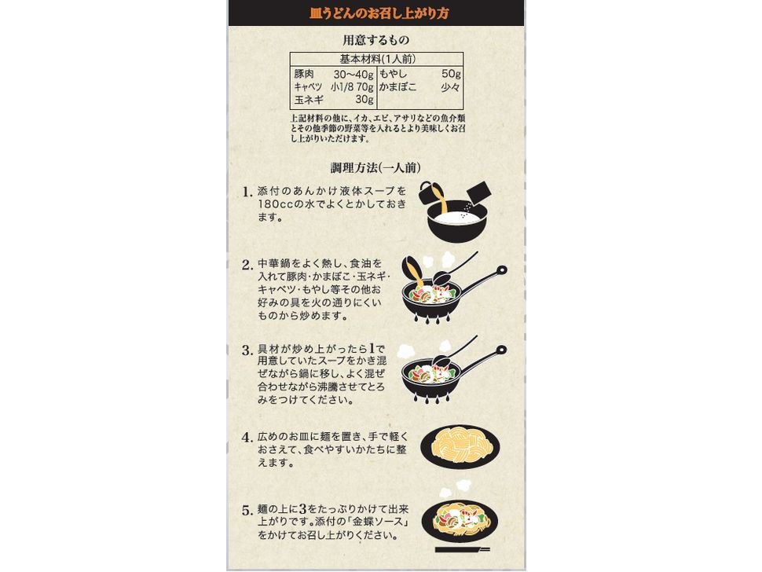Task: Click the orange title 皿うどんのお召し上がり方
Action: [x=379, y=13]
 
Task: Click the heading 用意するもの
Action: [x=376, y=40]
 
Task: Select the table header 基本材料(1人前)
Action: [x=376, y=59]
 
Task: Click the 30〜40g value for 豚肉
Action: [x=354, y=74]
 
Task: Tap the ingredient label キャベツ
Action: [x=308, y=86]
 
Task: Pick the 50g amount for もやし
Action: [x=451, y=74]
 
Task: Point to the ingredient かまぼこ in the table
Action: [x=397, y=86]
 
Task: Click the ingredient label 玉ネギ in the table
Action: [x=309, y=100]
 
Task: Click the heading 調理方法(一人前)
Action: [x=376, y=168]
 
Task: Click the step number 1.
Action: [x=247, y=191]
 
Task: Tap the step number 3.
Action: [x=247, y=350]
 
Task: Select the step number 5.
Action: [x=247, y=509]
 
